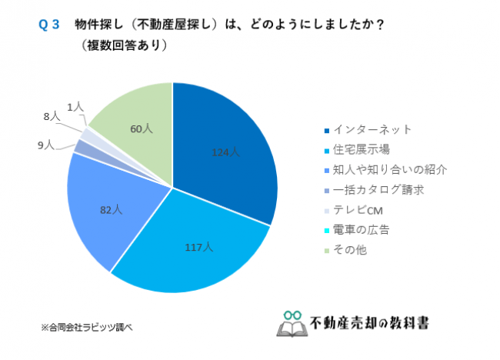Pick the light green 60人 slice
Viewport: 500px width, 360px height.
138,123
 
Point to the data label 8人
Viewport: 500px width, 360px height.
52,117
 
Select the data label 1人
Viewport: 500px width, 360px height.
75,106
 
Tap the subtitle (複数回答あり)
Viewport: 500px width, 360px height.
123,45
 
